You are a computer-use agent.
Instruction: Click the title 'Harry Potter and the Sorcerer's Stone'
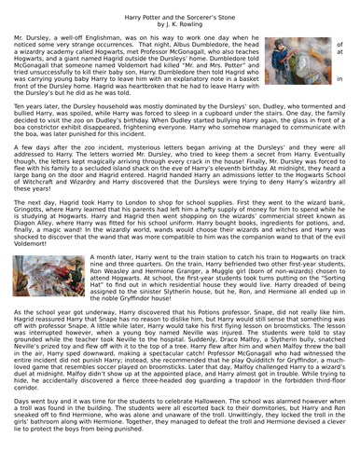[179, 8]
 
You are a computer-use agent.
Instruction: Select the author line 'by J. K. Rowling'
[179, 17]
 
